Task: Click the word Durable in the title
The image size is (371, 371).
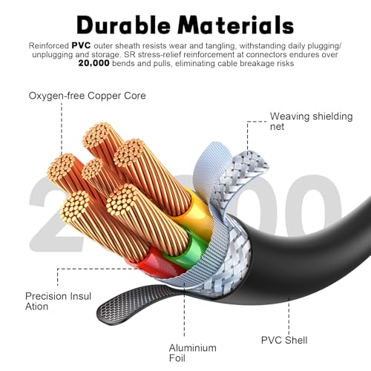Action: pos(123,24)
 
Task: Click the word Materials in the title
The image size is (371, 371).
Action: pos(236,24)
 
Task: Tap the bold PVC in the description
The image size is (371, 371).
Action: pos(81,45)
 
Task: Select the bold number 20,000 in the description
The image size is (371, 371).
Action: pos(93,63)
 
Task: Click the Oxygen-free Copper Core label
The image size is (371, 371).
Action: pos(87,96)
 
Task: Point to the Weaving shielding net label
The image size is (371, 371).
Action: pos(311,121)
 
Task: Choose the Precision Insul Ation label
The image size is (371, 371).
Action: pos(58,301)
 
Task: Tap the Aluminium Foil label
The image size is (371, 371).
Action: pos(193,352)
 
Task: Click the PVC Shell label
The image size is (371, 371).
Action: pos(284,340)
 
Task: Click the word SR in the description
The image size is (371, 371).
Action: pos(130,54)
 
